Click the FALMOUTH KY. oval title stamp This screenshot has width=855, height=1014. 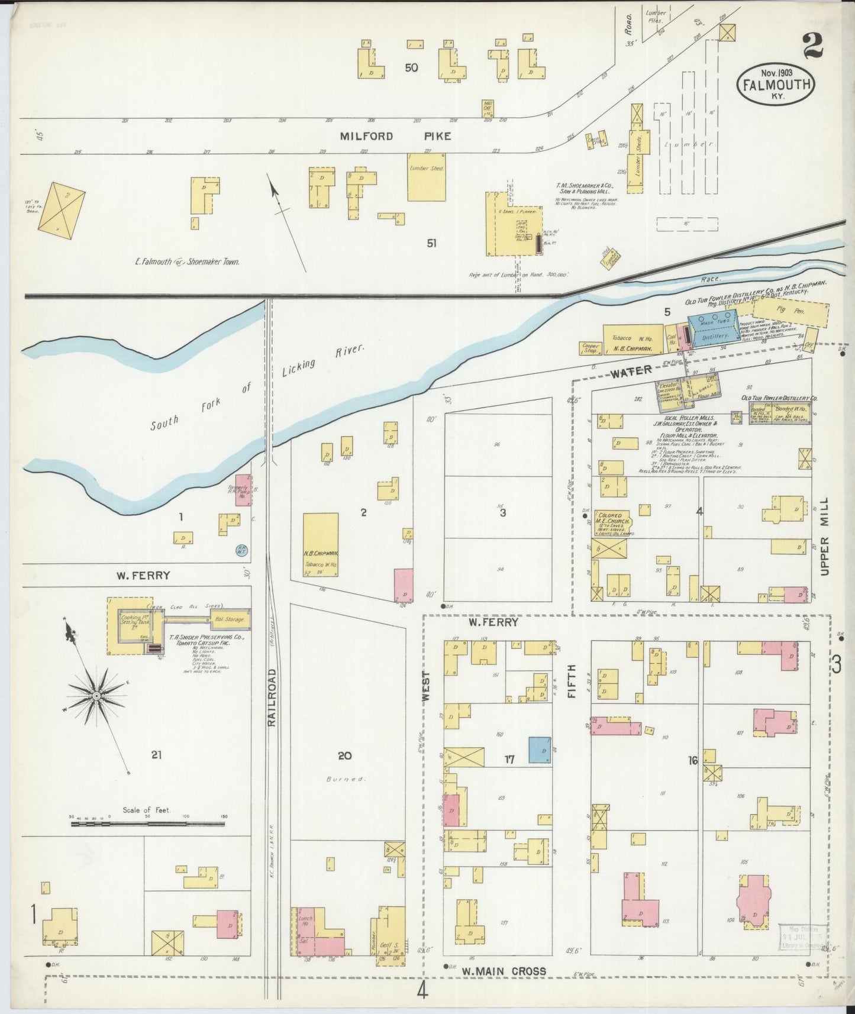click(x=776, y=85)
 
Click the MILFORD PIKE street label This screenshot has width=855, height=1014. click(x=395, y=136)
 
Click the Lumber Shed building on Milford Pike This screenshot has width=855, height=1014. click(x=426, y=176)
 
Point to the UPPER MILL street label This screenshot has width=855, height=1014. click(x=825, y=536)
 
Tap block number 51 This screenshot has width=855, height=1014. click(x=431, y=243)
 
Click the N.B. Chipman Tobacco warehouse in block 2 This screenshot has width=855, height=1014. click(x=320, y=544)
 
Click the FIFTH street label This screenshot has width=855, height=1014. click(x=571, y=681)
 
